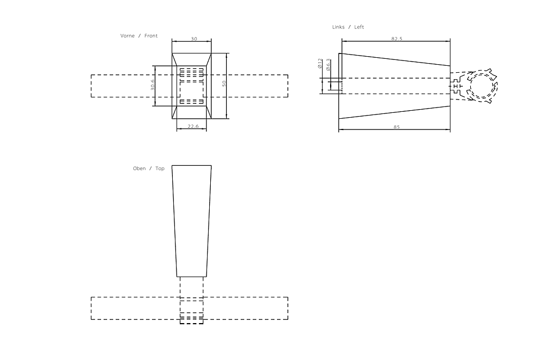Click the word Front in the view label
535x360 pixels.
pos(151,36)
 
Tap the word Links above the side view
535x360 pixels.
pos(339,27)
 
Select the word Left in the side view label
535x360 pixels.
pos(359,27)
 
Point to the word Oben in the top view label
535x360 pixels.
pos(139,168)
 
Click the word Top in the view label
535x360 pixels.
pos(160,168)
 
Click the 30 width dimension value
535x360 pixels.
pos(194,39)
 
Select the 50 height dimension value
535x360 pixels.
pos(225,83)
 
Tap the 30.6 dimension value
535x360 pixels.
pos(152,85)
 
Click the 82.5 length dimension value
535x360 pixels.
pos(396,39)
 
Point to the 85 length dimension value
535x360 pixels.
pos(396,127)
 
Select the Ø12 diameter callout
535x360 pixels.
pos(319,64)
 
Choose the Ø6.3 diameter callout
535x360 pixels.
pos(328,64)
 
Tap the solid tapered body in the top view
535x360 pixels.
pos(192,219)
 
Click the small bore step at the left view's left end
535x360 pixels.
pos(335,86)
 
